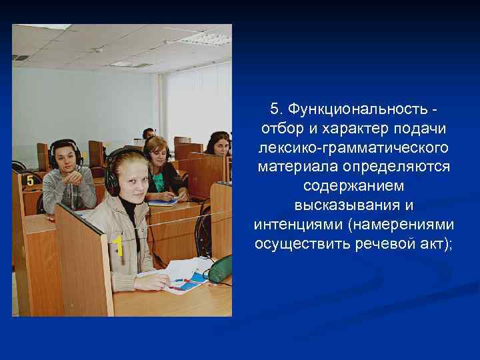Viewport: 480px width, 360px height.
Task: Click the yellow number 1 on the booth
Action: pos(118,246)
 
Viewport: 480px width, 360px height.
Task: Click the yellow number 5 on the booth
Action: pos(30,180)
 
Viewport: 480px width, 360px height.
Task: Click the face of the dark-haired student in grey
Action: pos(65,157)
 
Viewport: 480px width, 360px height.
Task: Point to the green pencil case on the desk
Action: pos(220,270)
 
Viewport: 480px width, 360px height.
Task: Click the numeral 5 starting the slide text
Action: pos(274,109)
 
